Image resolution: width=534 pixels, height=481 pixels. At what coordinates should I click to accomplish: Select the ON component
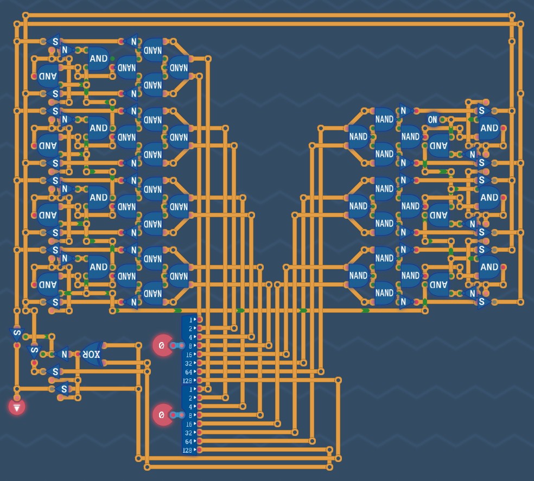pos(433,119)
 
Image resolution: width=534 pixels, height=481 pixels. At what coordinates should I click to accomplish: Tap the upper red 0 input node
pos(161,345)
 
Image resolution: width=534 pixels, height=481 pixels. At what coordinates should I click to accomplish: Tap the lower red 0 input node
pos(161,415)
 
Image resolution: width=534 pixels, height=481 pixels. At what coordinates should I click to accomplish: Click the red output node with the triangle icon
pos(17,407)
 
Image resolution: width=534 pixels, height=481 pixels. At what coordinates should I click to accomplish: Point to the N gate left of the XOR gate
pos(64,355)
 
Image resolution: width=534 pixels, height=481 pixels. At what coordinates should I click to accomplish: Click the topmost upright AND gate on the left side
pos(98,59)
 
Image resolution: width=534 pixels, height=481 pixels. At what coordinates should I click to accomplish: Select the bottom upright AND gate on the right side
pos(489,267)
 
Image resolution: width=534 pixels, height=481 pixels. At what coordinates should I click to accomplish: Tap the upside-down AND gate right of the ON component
pos(439,145)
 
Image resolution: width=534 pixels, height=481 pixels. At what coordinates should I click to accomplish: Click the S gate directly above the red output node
pos(17,333)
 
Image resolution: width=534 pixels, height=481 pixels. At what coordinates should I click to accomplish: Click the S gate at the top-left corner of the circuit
pos(54,41)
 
